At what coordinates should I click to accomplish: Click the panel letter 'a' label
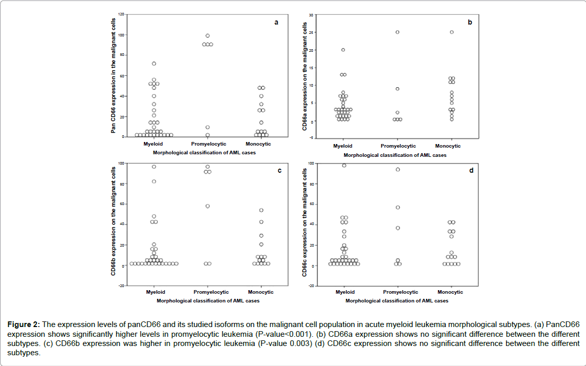click(x=277, y=22)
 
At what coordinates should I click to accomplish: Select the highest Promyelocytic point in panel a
click(x=207, y=36)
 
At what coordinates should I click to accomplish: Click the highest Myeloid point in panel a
click(x=154, y=64)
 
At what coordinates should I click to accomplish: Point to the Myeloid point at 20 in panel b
click(x=343, y=50)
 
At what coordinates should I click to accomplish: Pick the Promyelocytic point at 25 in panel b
click(x=397, y=32)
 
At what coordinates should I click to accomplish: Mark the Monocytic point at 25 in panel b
click(x=451, y=32)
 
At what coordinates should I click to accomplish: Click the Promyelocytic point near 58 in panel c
click(x=207, y=206)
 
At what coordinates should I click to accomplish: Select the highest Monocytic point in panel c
click(x=261, y=210)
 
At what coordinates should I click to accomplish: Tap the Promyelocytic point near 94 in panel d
click(x=397, y=169)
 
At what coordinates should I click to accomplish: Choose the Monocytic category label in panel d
click(x=450, y=292)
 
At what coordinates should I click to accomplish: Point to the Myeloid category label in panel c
click(x=155, y=292)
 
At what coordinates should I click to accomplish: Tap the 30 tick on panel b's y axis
click(x=311, y=15)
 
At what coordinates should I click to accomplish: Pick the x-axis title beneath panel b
click(x=395, y=155)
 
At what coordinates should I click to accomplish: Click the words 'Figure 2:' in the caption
click(x=24, y=324)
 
